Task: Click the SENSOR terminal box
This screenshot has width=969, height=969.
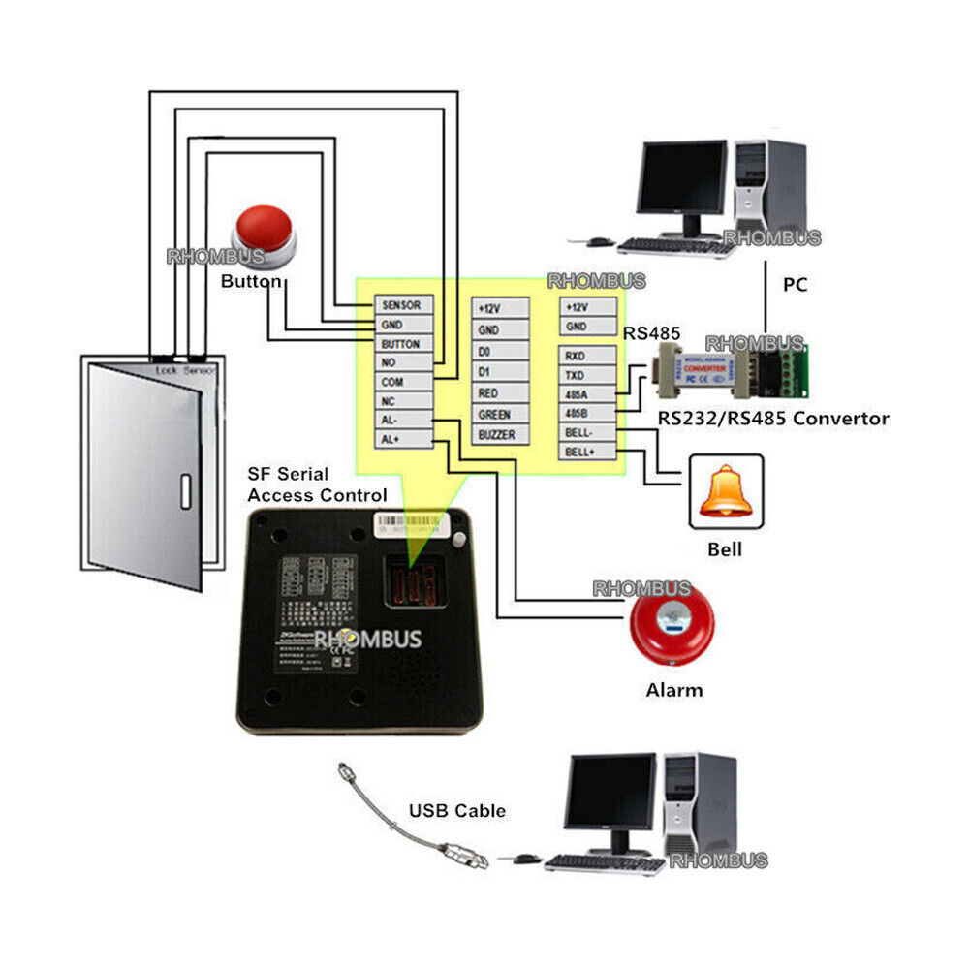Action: [x=401, y=304]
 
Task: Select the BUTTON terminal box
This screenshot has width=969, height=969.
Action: [x=401, y=344]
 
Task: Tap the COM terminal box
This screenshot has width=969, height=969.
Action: [x=401, y=382]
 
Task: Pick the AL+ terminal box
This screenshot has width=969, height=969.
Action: [x=401, y=439]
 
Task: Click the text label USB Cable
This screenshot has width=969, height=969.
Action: [x=456, y=811]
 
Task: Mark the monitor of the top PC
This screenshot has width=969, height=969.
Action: [x=681, y=179]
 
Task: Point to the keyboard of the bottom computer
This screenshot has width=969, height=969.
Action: [x=603, y=862]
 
